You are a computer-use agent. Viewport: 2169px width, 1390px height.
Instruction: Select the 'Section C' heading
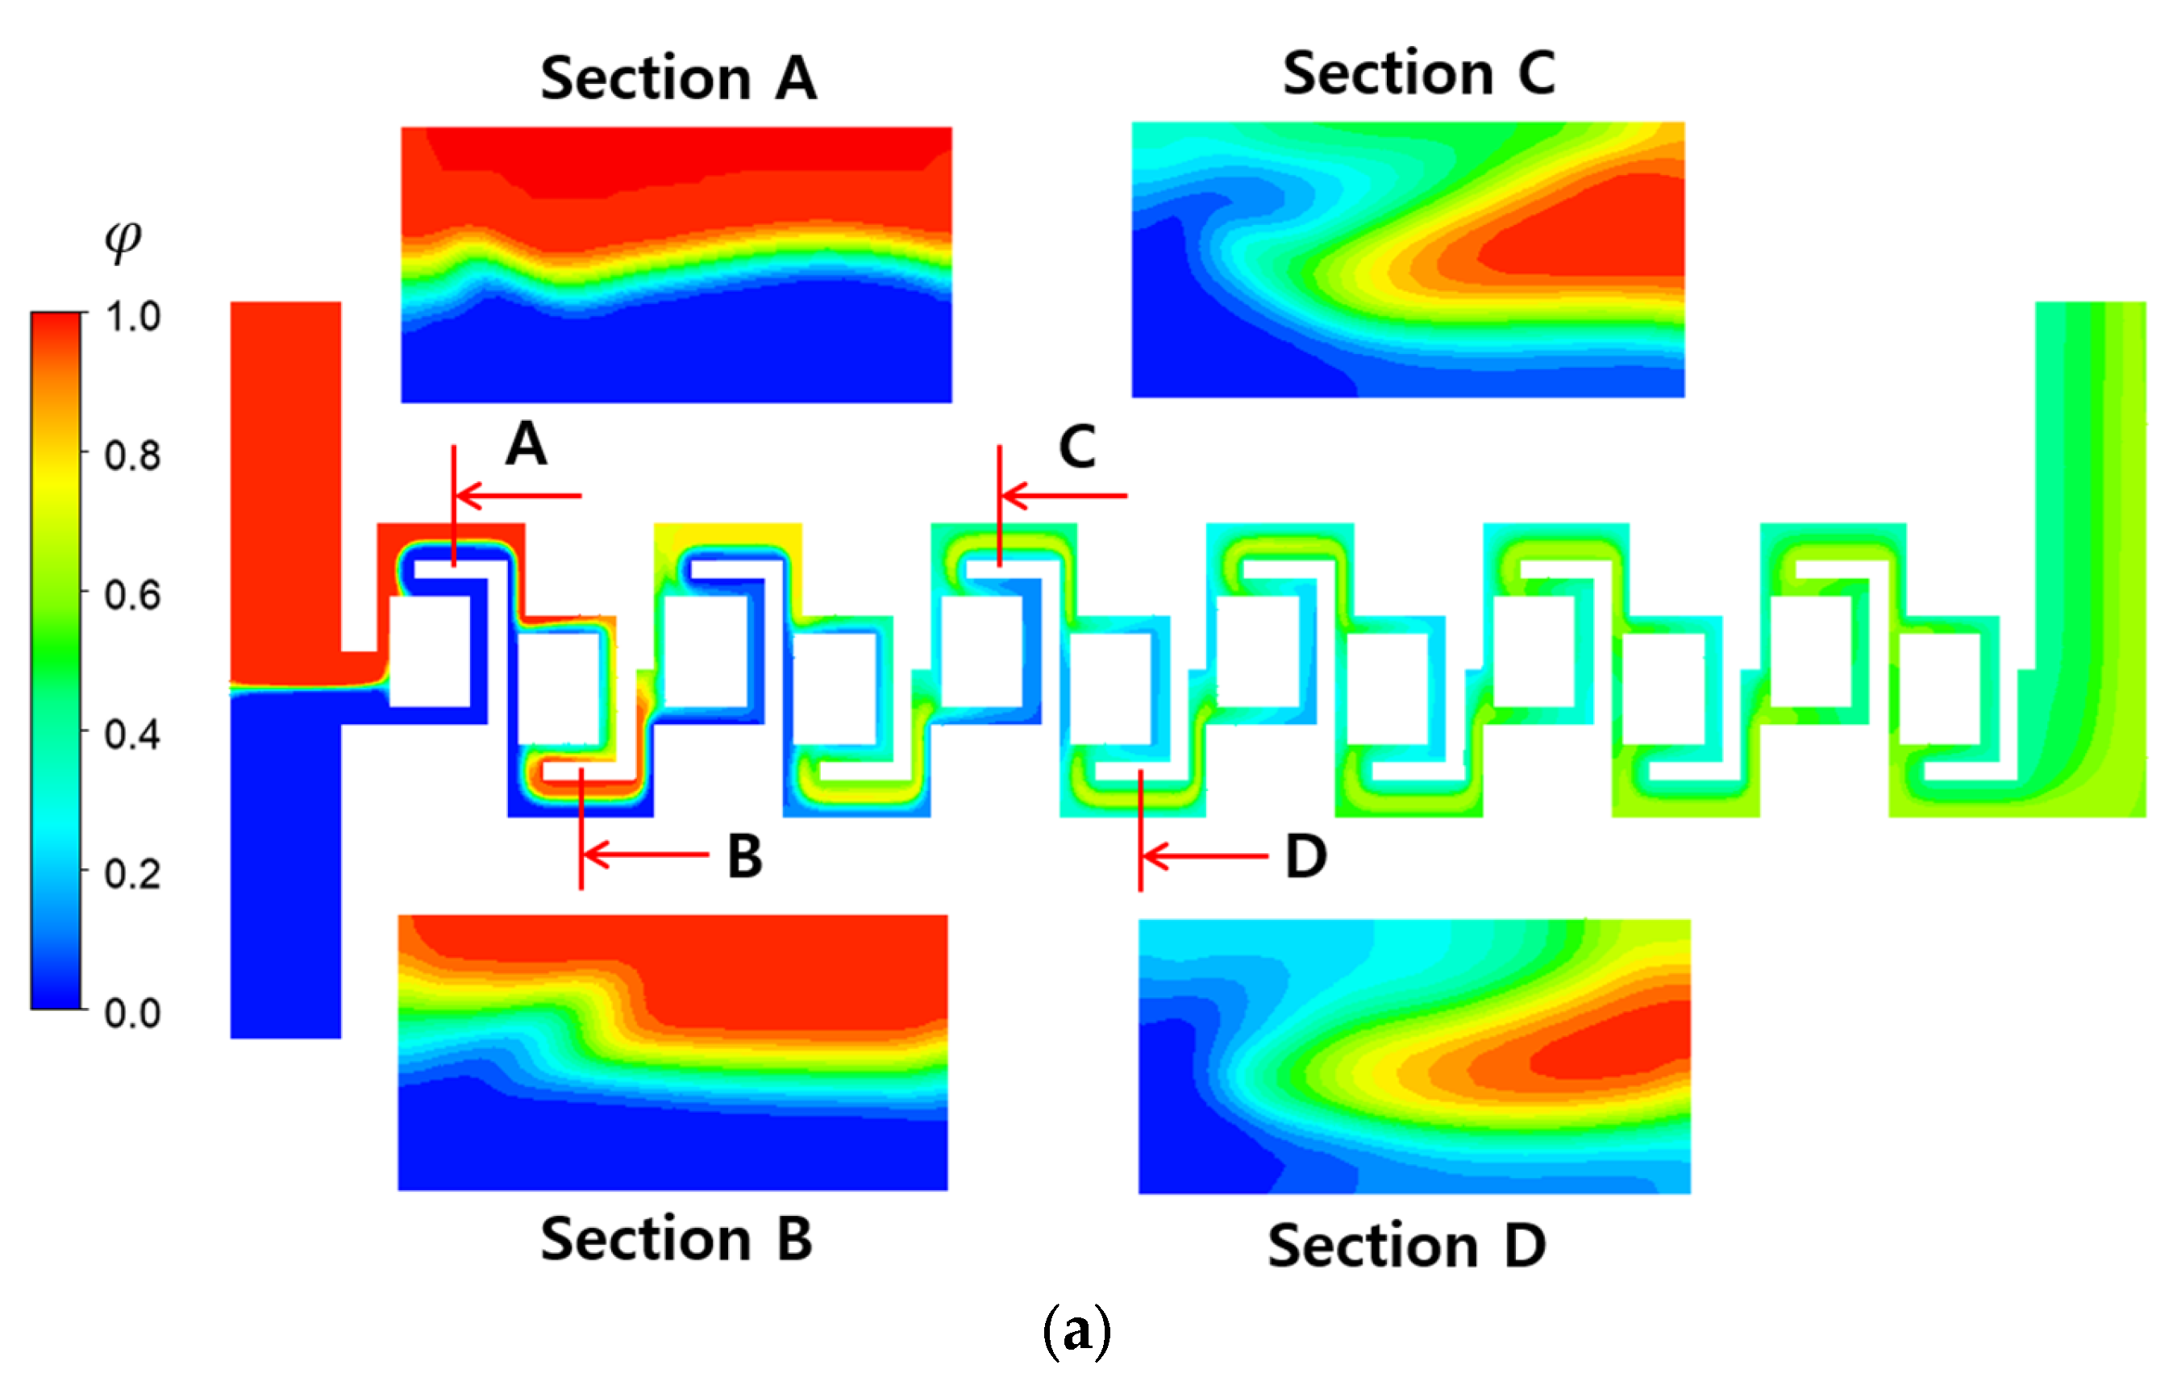1418,73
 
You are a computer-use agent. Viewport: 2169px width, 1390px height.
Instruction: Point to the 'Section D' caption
1406,1246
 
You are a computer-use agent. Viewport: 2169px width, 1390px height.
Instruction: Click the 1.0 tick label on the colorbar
133,317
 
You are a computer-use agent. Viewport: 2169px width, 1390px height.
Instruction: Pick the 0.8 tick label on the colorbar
133,456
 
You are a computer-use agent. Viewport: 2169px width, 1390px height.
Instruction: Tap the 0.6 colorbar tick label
133,595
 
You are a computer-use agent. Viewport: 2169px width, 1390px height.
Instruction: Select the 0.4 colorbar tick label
133,735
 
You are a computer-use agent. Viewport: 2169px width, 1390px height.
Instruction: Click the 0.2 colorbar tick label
133,874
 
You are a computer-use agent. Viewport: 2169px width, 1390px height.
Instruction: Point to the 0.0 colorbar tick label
133,1013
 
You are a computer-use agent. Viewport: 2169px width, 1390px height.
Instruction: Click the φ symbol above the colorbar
123,239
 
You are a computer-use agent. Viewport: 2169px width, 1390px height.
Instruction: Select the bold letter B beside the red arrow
745,855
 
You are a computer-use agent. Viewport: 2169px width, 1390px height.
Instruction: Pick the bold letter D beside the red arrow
1305,855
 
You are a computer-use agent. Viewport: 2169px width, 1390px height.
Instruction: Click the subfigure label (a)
1076,1332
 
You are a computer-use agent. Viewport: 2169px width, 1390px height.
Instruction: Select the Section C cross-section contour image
1407,260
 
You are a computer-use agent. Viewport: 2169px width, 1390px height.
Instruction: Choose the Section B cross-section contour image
672,1052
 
